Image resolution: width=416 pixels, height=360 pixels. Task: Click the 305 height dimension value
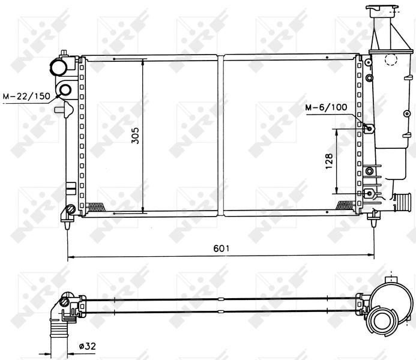point(135,137)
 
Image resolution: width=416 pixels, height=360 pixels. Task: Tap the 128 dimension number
point(329,161)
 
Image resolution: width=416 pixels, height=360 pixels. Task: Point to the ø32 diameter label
point(88,346)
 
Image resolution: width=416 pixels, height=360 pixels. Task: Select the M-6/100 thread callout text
point(326,107)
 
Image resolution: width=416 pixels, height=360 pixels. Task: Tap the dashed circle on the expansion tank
point(391,59)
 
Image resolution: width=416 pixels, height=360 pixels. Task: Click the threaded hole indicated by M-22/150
point(64,91)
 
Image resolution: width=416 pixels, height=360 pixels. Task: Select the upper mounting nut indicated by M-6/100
point(369,128)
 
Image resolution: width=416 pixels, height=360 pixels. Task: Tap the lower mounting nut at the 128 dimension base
point(369,193)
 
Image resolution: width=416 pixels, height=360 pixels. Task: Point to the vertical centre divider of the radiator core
point(222,135)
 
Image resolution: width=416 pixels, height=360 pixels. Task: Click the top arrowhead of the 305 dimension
point(143,61)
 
